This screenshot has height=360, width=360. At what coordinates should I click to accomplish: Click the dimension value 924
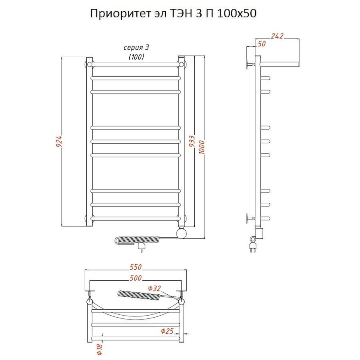[x=59, y=142]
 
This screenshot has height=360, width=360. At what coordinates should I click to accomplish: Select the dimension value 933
[x=192, y=142]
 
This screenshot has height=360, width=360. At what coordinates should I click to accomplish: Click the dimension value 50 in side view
[x=262, y=44]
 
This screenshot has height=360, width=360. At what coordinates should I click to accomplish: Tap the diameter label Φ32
[x=154, y=288]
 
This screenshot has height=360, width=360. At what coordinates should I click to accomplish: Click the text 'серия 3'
[x=136, y=48]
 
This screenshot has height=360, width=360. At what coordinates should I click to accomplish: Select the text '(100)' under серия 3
[x=136, y=57]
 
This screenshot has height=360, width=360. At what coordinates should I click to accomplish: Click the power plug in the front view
[x=141, y=248]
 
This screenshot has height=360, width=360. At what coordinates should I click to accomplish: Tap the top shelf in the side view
[x=279, y=64]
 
